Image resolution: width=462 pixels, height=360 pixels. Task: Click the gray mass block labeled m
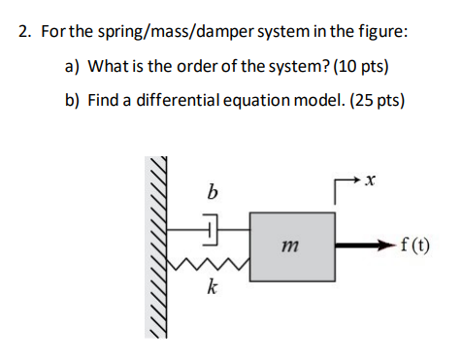(294, 246)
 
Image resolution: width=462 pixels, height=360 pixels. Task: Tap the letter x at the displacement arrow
(371, 180)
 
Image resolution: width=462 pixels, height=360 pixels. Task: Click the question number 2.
(23, 32)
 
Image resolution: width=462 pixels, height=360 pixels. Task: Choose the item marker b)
(73, 101)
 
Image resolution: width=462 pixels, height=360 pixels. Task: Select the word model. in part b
(312, 101)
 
